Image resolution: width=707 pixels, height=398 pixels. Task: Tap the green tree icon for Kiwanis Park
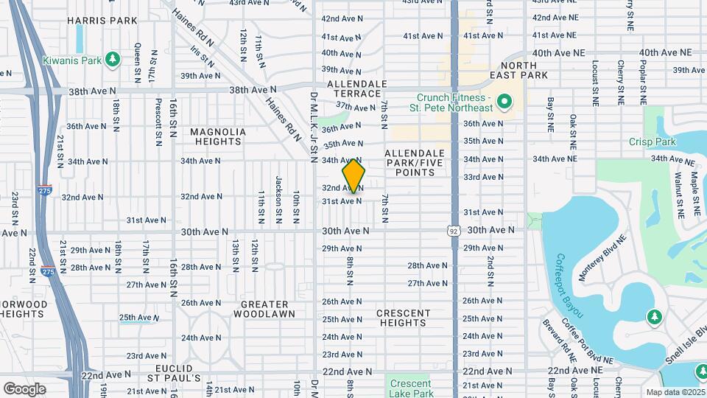tap(112, 58)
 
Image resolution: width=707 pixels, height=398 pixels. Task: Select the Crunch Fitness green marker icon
tap(504, 102)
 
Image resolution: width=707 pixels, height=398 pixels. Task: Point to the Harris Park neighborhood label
tap(102, 21)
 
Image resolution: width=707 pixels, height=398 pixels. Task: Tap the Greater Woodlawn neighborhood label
tap(261, 309)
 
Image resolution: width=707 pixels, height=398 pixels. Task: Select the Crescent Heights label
tap(403, 318)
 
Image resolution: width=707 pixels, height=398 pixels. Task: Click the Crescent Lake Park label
tap(410, 388)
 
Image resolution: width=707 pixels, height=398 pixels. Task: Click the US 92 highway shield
tap(454, 231)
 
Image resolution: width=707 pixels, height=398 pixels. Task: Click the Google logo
tap(24, 388)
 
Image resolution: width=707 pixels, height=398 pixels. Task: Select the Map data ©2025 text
tap(675, 392)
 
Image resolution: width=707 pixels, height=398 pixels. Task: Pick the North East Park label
tap(524, 70)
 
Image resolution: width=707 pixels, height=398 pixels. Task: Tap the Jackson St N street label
tap(278, 190)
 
